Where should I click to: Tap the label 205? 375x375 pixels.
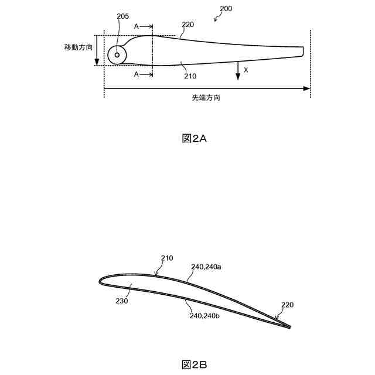[123, 16]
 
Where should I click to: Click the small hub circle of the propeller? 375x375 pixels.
[117, 55]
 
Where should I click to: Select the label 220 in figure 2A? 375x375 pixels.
[188, 25]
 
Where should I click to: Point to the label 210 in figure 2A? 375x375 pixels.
[190, 76]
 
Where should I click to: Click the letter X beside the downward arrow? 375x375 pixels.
[246, 70]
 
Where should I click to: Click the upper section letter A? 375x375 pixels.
[137, 26]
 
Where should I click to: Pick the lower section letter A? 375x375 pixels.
[137, 74]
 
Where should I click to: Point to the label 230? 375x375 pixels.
[122, 301]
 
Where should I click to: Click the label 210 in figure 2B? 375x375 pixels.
[166, 257]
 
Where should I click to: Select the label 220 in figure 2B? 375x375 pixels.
[287, 305]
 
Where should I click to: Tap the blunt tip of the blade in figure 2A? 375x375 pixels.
[303, 51]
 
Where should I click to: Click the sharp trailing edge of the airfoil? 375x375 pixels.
[289, 327]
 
